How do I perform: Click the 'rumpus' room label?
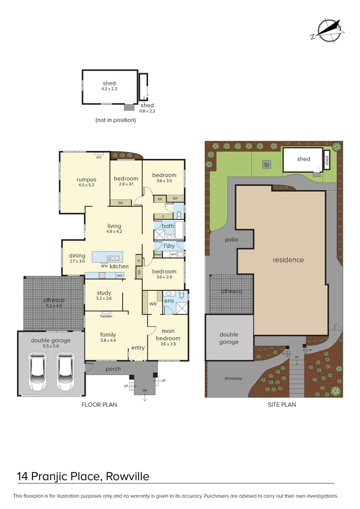click(86, 180)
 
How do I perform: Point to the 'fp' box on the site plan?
click(267, 164)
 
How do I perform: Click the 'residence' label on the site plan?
click(288, 260)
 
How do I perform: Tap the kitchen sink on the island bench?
click(114, 258)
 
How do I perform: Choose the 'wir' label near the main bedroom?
click(153, 304)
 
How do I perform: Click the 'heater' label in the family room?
click(106, 316)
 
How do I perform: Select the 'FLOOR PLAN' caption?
click(99, 404)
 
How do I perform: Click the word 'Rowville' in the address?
click(127, 476)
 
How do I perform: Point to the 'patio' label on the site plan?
click(231, 239)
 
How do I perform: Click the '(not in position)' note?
click(115, 120)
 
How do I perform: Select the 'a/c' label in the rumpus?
click(99, 157)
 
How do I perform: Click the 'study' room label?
click(104, 293)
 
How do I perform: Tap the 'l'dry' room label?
click(169, 246)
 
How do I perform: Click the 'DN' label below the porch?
click(145, 391)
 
